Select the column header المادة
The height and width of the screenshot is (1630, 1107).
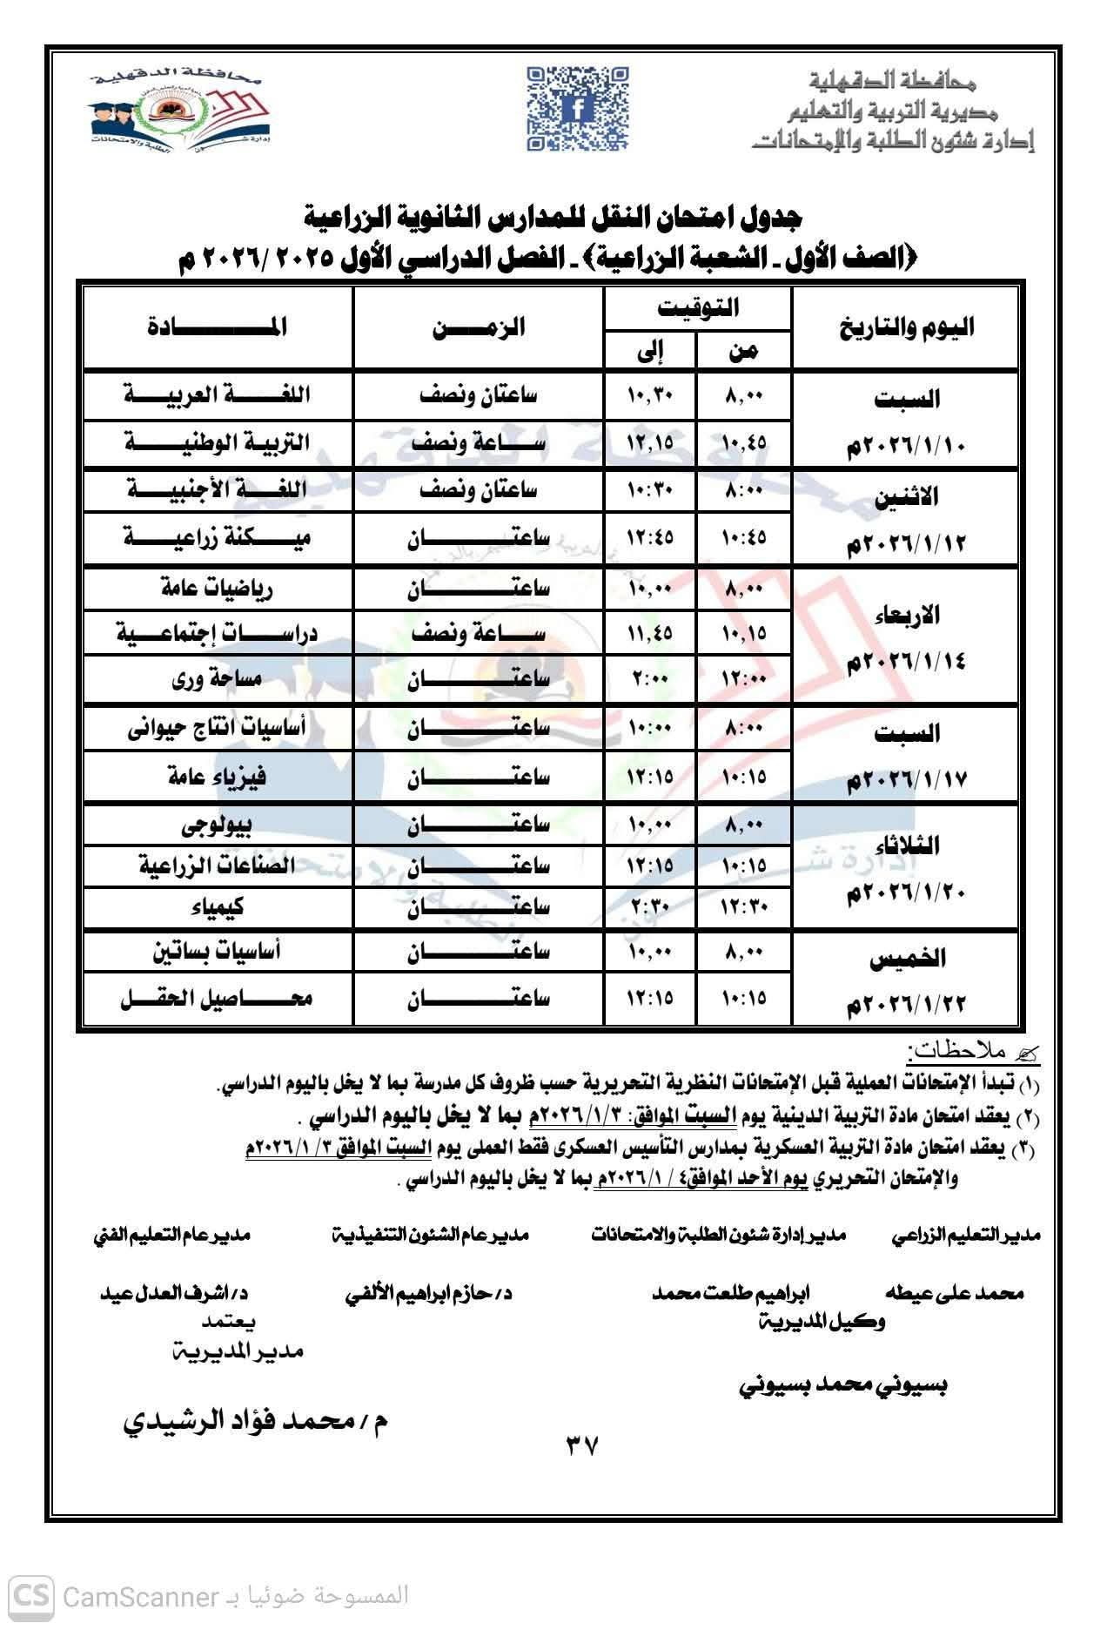point(218,328)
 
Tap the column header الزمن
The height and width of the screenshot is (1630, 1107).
point(479,328)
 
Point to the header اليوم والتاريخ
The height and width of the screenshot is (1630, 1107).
point(905,328)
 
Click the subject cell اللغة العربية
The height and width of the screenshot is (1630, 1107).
point(218,395)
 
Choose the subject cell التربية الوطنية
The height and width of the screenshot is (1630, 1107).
point(218,442)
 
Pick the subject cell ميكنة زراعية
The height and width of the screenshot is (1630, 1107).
point(218,538)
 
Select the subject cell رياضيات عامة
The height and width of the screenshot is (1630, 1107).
point(218,589)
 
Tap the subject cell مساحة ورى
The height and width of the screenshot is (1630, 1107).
point(218,679)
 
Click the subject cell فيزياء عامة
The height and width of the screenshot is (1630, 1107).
point(218,776)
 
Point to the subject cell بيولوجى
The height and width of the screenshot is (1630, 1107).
point(218,824)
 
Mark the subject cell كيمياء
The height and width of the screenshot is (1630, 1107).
point(218,907)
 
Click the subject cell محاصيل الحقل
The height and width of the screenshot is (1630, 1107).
point(218,998)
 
